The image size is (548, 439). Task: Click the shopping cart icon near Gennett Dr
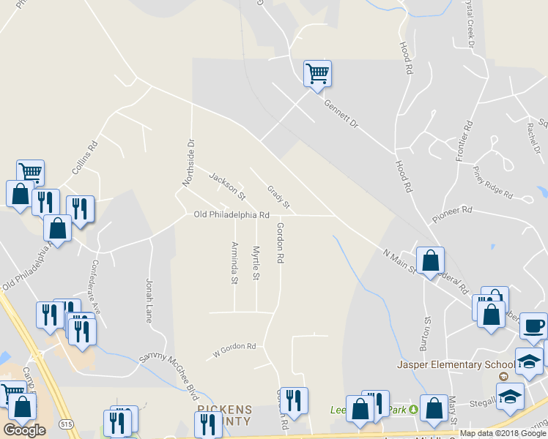pyautogui.click(x=317, y=73)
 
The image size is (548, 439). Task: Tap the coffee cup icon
pyautogui.click(x=533, y=326)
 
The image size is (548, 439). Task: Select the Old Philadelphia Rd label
pyautogui.click(x=232, y=215)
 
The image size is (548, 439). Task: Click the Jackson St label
pyautogui.click(x=226, y=186)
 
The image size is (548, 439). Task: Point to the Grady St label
pyautogui.click(x=279, y=195)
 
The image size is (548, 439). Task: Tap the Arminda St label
pyautogui.click(x=234, y=263)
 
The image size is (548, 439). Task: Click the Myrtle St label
pyautogui.click(x=256, y=263)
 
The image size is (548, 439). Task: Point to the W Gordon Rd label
pyautogui.click(x=234, y=346)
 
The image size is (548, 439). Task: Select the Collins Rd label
pyautogui.click(x=85, y=157)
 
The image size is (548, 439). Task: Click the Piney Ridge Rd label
pyautogui.click(x=493, y=183)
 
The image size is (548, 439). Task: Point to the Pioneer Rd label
pyautogui.click(x=452, y=213)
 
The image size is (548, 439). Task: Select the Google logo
pyautogui.click(x=24, y=430)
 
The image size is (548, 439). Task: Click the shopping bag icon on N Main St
pyautogui.click(x=430, y=260)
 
